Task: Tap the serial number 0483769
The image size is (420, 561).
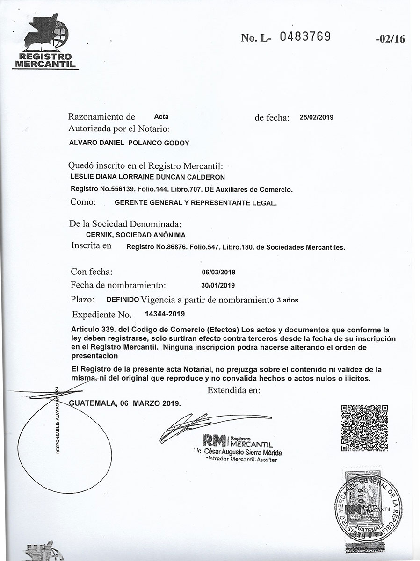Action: click(x=304, y=36)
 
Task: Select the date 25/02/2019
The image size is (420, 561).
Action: click(x=316, y=118)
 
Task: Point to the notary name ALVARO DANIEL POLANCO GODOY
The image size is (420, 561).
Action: click(x=129, y=143)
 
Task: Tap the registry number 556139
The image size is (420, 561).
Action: click(x=109, y=189)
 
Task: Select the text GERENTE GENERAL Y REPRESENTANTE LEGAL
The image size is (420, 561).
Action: click(x=196, y=203)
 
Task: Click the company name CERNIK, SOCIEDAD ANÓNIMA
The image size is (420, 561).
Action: click(x=136, y=235)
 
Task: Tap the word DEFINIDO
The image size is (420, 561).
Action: click(x=123, y=299)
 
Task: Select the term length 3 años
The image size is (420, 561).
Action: click(x=288, y=300)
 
